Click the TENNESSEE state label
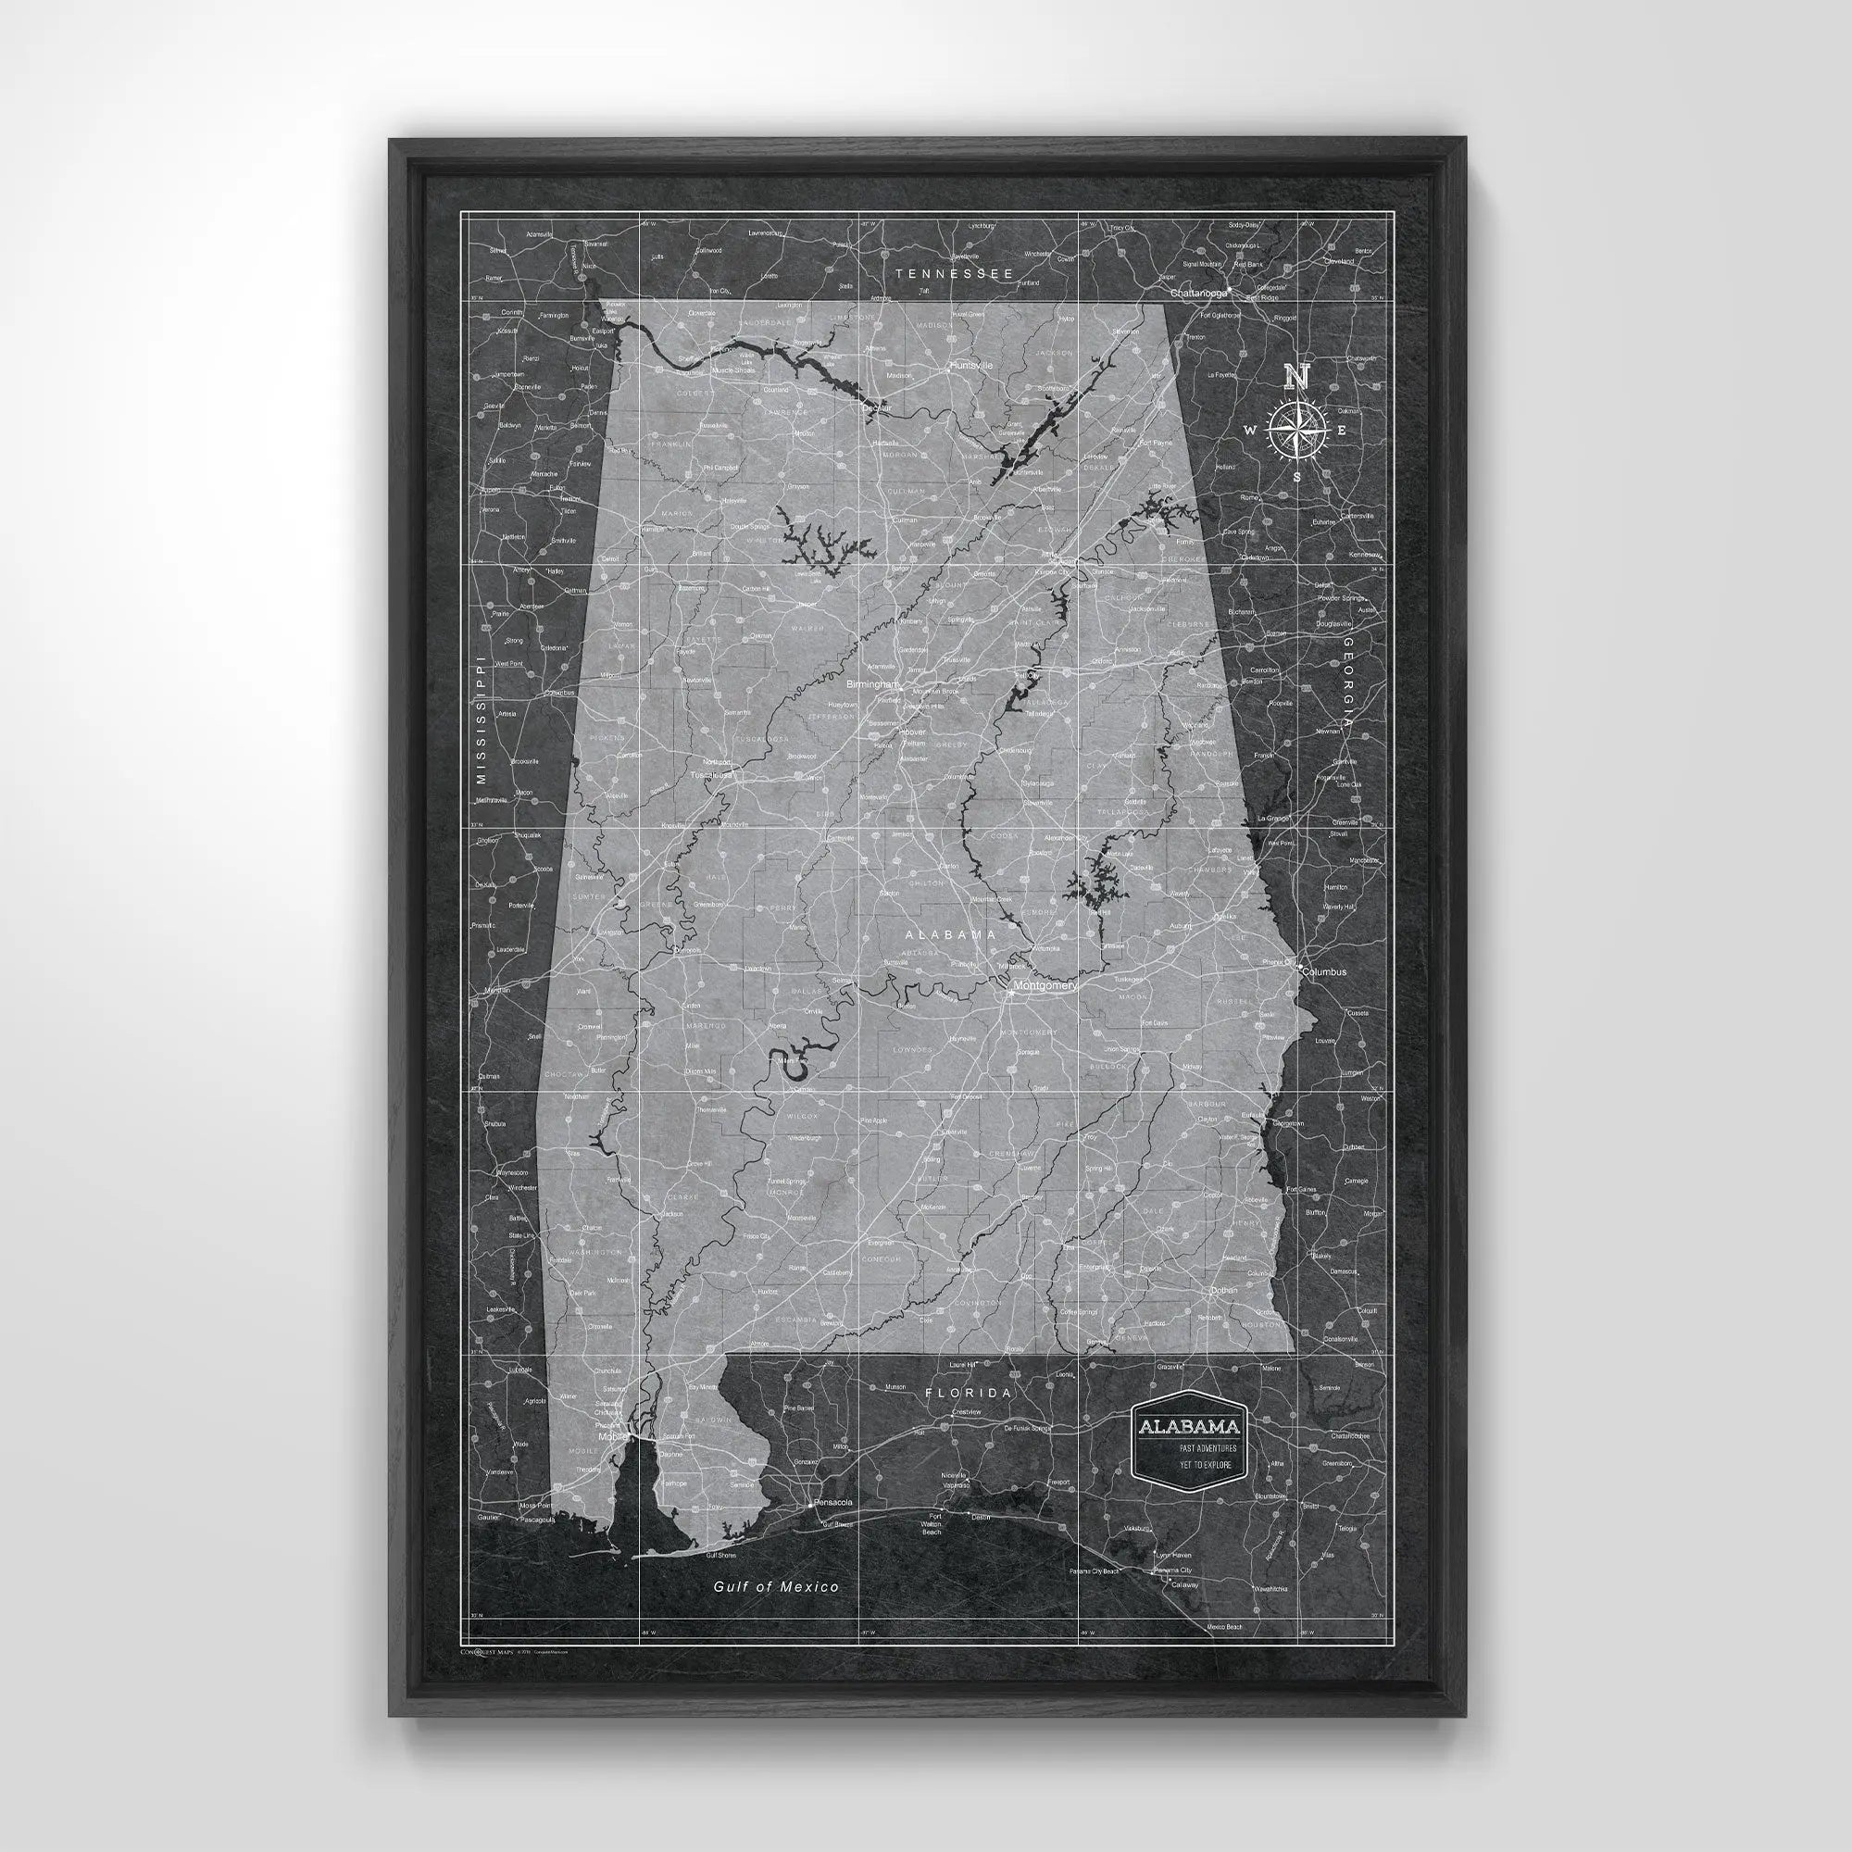pyautogui.click(x=953, y=274)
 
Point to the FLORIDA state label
pyautogui.click(x=968, y=1393)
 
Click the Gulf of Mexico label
pyautogui.click(x=775, y=1586)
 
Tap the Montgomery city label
pyautogui.click(x=1044, y=985)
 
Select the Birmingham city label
pyautogui.click(x=872, y=685)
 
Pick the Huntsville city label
pyautogui.click(x=971, y=366)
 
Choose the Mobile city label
pyautogui.click(x=610, y=1437)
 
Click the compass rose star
pyautogui.click(x=1296, y=429)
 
